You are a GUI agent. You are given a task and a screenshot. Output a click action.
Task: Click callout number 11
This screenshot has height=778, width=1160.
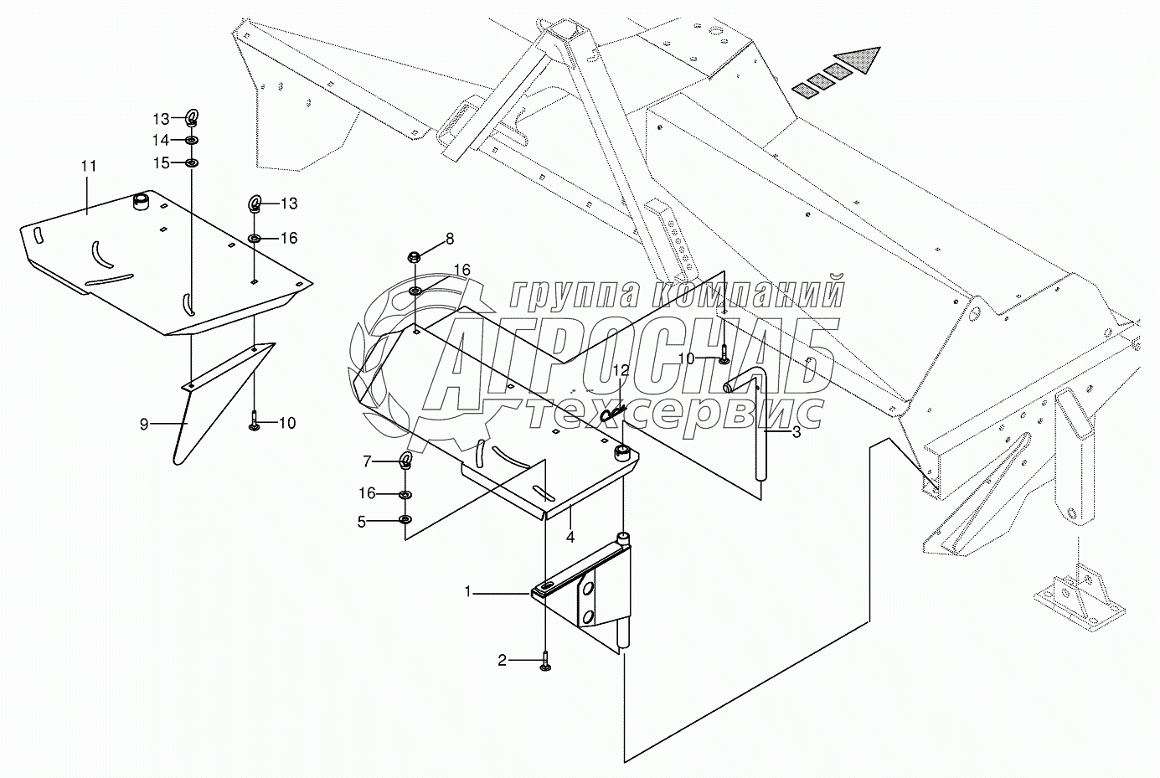[x=89, y=167]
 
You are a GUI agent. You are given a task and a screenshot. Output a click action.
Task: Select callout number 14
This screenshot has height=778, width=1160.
[x=160, y=139]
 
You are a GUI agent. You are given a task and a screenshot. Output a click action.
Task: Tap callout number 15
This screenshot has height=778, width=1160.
[x=160, y=162]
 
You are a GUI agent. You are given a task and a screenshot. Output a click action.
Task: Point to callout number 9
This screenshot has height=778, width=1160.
[x=144, y=425]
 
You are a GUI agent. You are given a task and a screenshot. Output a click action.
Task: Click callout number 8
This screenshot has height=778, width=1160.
[x=450, y=239]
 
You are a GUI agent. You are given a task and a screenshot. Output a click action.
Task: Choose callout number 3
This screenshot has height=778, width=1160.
[x=796, y=432]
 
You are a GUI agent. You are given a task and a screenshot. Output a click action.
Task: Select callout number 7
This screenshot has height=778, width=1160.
[x=366, y=461]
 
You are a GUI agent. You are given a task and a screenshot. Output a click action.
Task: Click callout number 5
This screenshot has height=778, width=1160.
[x=362, y=522]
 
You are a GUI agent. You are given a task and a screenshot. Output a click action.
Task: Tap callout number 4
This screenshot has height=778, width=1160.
[x=570, y=536]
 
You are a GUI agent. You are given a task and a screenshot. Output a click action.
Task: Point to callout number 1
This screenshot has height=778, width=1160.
[x=470, y=592]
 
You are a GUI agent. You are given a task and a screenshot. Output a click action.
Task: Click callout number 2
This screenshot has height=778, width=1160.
[x=503, y=662]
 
